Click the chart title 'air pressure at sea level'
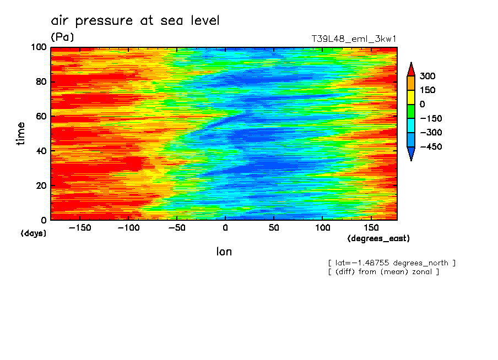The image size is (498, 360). click(135, 21)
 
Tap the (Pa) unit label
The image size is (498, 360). click(62, 37)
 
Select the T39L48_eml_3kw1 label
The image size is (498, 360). click(354, 39)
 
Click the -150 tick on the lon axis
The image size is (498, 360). click(80, 227)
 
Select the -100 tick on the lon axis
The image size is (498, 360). click(128, 227)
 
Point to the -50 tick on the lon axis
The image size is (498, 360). click(177, 227)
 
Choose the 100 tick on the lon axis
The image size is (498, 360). click(322, 227)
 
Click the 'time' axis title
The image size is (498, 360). click(21, 134)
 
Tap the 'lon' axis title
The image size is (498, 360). click(224, 252)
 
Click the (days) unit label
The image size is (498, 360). click(34, 233)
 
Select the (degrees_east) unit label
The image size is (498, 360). click(378, 238)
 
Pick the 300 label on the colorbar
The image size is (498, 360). click(427, 76)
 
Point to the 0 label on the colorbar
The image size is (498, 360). click(422, 104)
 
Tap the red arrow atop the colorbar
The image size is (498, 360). click(411, 68)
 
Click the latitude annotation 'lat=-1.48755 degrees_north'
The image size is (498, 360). click(392, 263)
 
